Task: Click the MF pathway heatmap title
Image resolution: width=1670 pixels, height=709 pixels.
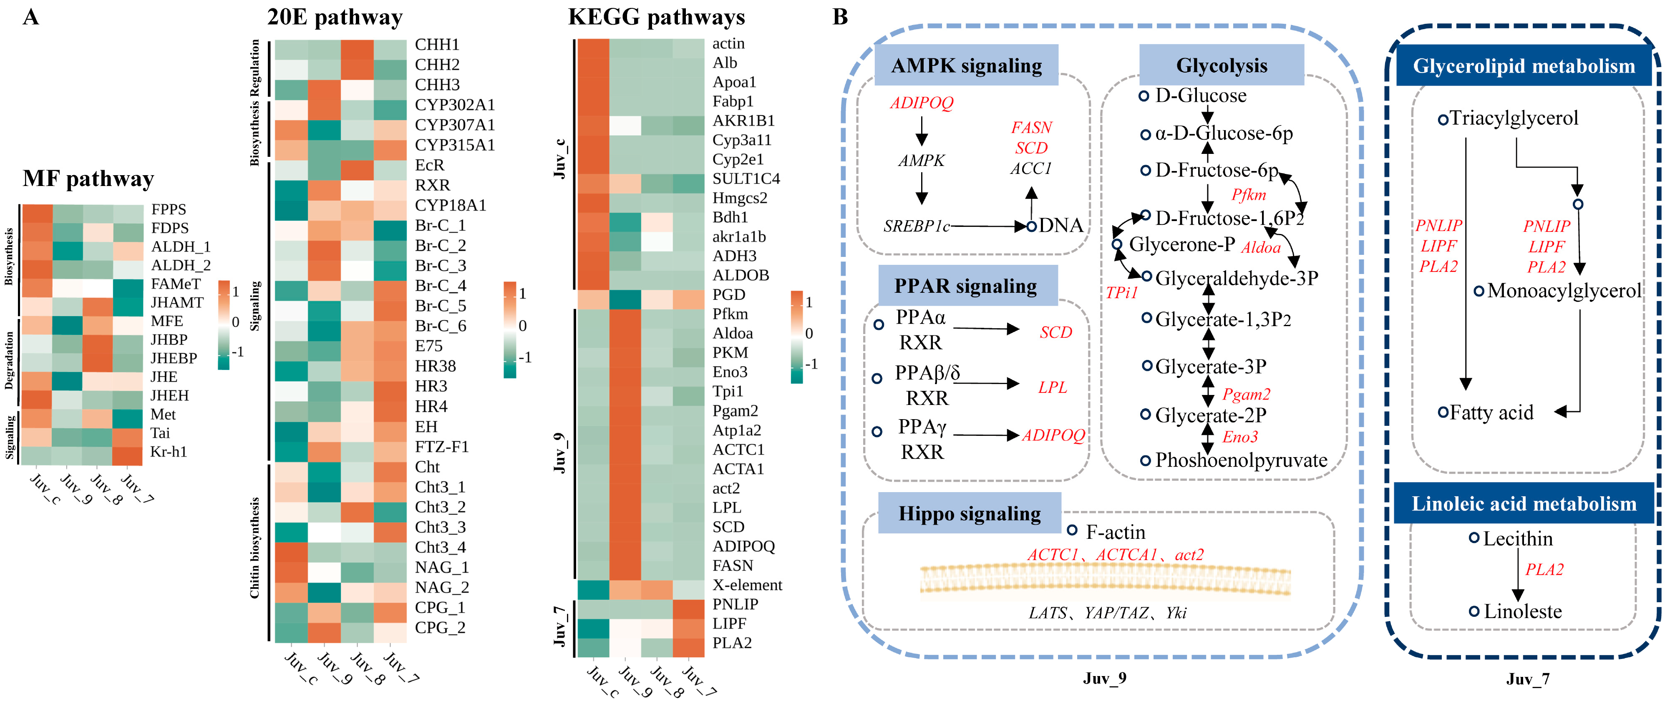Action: point(88,179)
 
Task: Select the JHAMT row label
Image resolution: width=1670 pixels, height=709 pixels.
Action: point(177,303)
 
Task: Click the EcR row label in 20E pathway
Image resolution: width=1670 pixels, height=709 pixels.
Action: point(430,165)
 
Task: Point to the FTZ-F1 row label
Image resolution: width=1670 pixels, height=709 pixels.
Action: point(441,447)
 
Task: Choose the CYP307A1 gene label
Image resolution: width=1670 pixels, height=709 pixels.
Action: point(454,125)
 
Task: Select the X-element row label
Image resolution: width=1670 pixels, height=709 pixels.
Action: point(747,585)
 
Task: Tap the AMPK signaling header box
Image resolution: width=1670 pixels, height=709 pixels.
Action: point(966,65)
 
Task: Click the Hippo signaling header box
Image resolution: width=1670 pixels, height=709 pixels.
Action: point(969,514)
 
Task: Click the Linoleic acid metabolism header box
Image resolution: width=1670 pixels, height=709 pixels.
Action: point(1524,503)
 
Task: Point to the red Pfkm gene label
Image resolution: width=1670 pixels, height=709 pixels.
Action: point(1249,194)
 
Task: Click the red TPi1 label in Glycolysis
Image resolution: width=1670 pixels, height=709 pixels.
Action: point(1121,293)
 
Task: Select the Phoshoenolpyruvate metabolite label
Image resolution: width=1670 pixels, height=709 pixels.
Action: point(1241,460)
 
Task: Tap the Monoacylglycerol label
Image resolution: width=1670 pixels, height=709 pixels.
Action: point(1564,291)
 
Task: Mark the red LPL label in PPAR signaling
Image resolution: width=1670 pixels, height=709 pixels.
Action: point(1052,387)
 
